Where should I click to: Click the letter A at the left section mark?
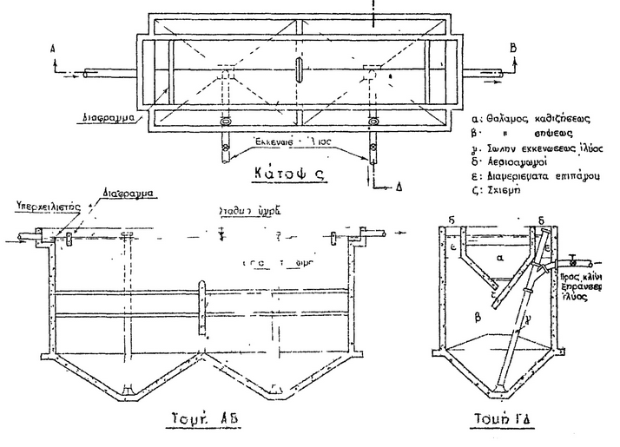tap(54, 50)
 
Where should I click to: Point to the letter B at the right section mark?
tap(514, 48)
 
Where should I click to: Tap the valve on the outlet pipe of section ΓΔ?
tap(571, 258)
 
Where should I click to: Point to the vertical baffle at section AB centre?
tap(201, 307)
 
